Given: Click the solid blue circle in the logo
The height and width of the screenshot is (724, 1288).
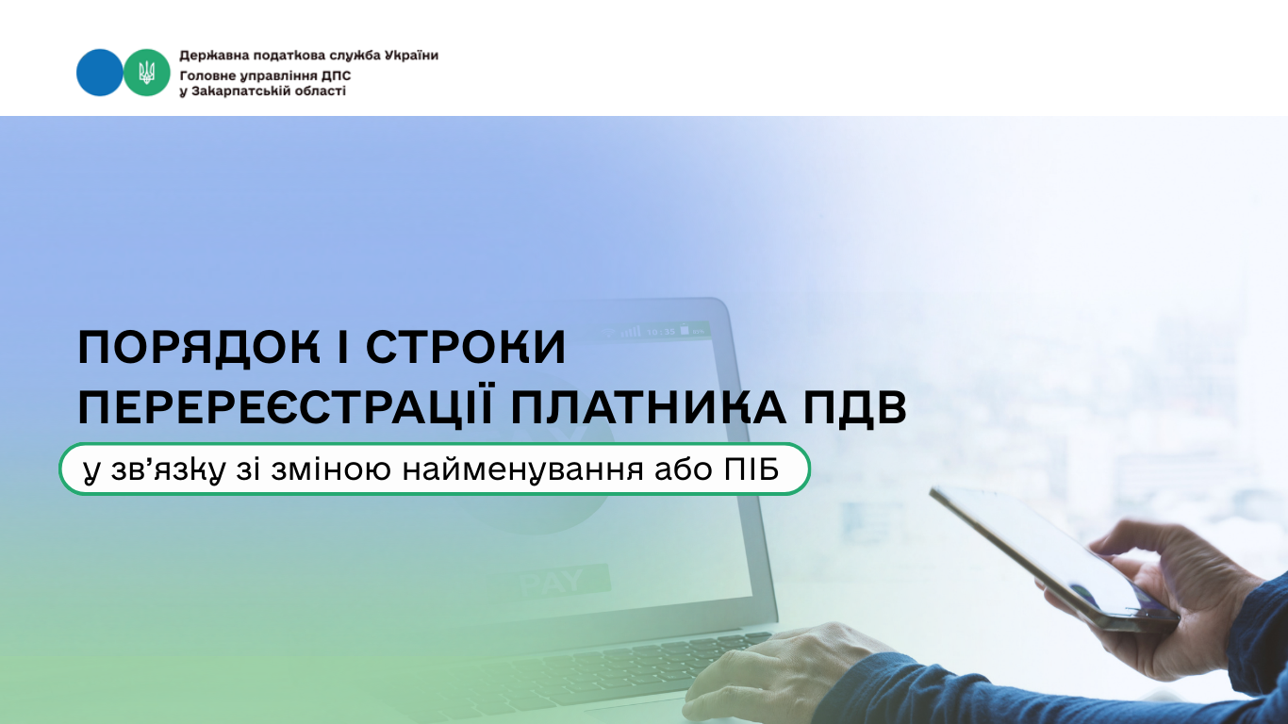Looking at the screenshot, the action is click(x=99, y=73).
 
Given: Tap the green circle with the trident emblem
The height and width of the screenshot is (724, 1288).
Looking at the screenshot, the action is click(x=147, y=73).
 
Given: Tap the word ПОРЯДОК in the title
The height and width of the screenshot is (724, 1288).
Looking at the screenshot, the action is click(x=198, y=348).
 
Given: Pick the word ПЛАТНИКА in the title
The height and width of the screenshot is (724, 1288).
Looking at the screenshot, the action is click(x=648, y=407).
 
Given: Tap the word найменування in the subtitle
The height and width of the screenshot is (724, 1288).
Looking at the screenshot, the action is click(x=522, y=469).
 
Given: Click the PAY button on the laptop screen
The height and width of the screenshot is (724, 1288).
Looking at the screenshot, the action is click(x=552, y=582).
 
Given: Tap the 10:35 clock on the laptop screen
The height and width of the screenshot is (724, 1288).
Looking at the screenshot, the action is click(x=661, y=331).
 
